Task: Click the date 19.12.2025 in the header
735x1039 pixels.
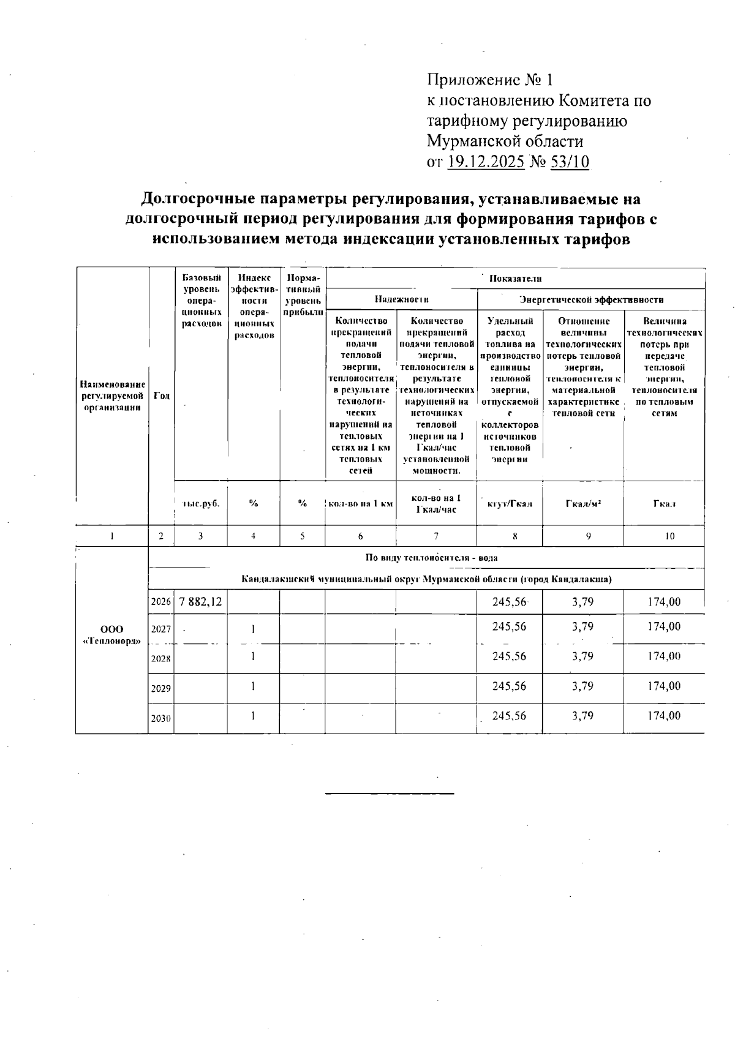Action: tap(486, 162)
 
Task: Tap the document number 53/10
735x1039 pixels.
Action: tap(570, 162)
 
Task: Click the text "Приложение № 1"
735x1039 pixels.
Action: tap(489, 80)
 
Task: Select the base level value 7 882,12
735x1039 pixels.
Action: tap(200, 602)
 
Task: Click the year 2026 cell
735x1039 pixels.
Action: tap(160, 602)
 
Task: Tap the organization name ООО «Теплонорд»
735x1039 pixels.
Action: tap(111, 636)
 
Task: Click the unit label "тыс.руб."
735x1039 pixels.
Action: tap(201, 503)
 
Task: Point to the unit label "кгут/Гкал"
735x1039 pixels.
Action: tap(510, 503)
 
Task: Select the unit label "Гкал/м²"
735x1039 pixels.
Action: tap(582, 503)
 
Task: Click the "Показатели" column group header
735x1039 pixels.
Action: tap(515, 279)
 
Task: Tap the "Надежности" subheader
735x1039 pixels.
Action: tap(401, 299)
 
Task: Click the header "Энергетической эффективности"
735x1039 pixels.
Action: tap(591, 299)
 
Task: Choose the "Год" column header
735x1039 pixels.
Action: tap(161, 396)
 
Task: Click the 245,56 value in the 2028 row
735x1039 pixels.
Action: tap(509, 656)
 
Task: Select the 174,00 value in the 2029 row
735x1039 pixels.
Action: tap(664, 686)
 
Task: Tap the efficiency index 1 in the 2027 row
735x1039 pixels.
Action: tap(253, 628)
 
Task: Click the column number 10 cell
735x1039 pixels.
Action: tap(669, 536)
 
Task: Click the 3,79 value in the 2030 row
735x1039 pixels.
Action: tap(582, 716)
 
